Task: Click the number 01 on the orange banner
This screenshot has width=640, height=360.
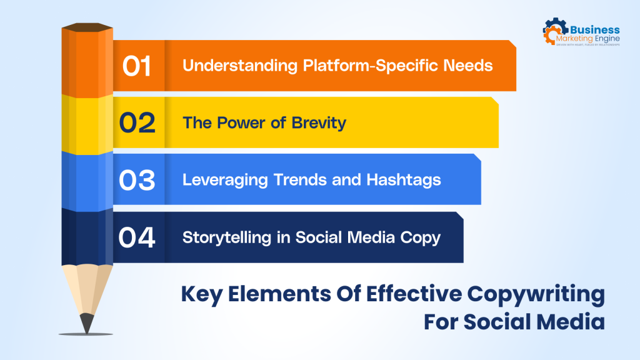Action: (x=136, y=66)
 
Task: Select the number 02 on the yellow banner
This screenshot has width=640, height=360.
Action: (x=137, y=123)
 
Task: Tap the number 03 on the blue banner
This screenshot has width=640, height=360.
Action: (x=137, y=180)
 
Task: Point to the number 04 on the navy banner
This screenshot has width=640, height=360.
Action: (x=137, y=237)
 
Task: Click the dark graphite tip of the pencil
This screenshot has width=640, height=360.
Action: (x=87, y=322)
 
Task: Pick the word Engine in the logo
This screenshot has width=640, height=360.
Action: (x=605, y=39)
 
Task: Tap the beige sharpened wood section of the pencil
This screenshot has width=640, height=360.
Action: (x=87, y=287)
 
